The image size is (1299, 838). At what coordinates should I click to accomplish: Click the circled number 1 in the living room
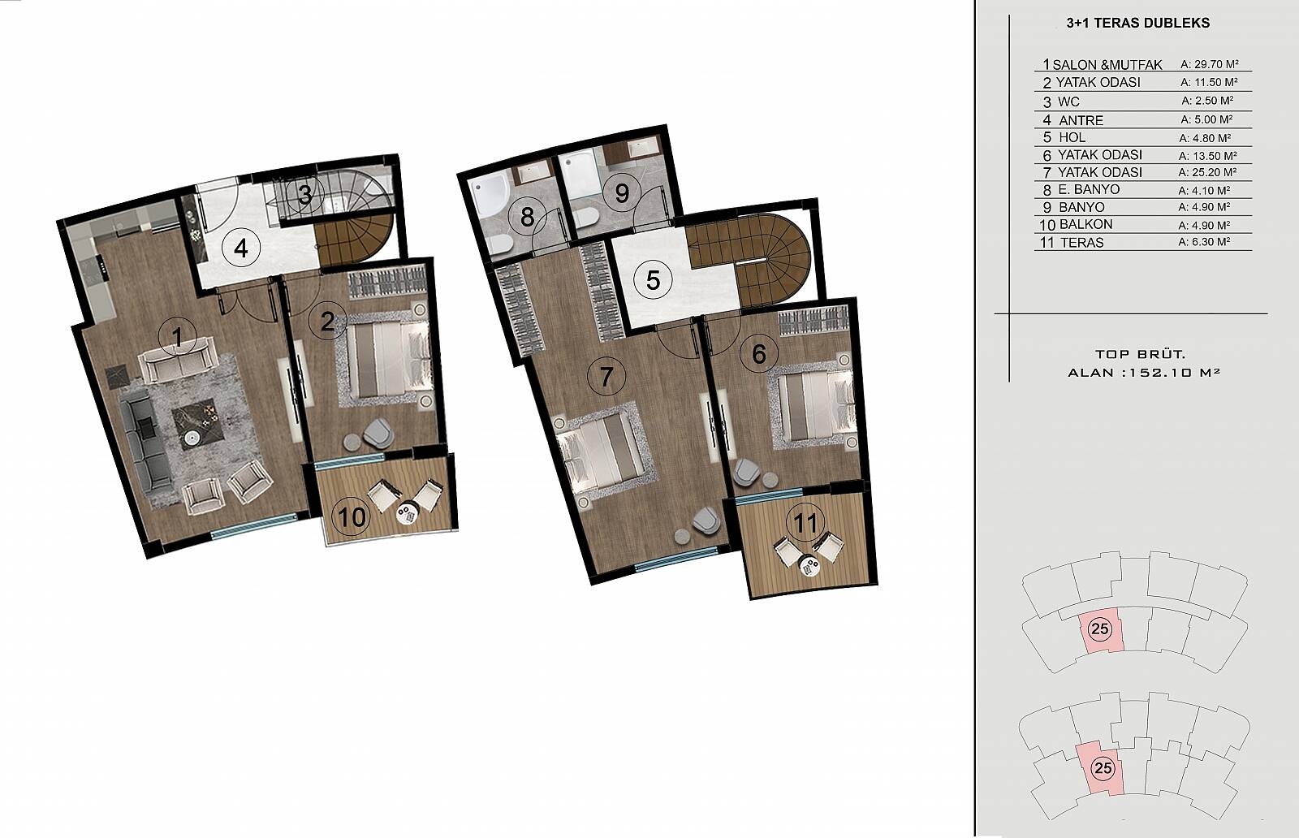[x=178, y=336]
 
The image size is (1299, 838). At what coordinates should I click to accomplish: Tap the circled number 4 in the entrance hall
[x=241, y=248]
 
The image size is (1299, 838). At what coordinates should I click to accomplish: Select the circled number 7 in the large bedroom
[x=606, y=376]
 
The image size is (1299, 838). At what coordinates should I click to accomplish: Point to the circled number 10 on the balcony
[x=352, y=516]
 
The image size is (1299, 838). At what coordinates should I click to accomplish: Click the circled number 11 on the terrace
[x=805, y=522]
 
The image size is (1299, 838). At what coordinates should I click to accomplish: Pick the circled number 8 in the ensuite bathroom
[x=527, y=217]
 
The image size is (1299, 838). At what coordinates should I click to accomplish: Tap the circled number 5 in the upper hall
[x=653, y=280]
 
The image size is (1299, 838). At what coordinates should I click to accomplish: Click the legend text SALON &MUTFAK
[x=1107, y=65]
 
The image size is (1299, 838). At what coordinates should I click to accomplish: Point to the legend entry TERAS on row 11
[x=1081, y=243]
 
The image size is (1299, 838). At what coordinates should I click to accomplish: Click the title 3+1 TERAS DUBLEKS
[x=1137, y=24]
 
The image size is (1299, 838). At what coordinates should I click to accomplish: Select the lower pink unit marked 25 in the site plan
[x=1101, y=768]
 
